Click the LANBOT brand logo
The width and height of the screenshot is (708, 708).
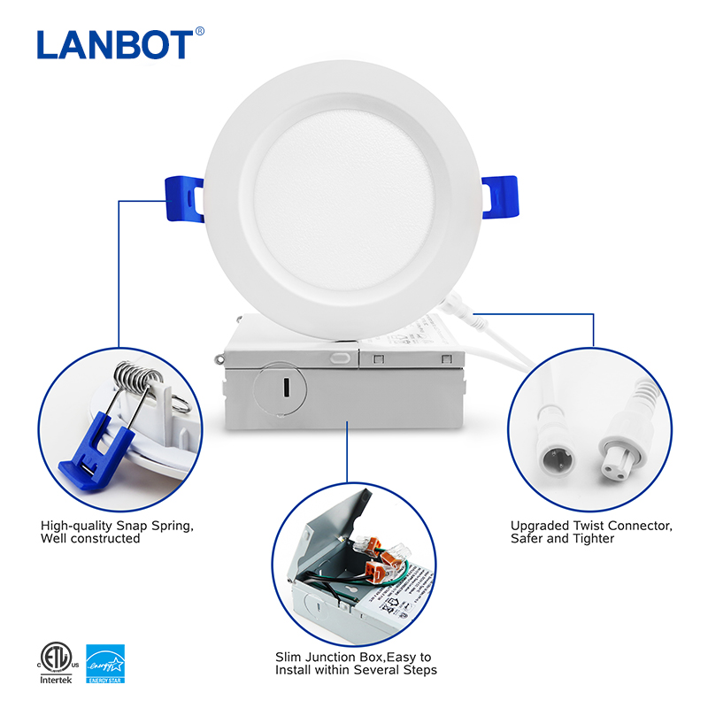(x=114, y=44)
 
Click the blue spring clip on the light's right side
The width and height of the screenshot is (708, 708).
(x=500, y=192)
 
